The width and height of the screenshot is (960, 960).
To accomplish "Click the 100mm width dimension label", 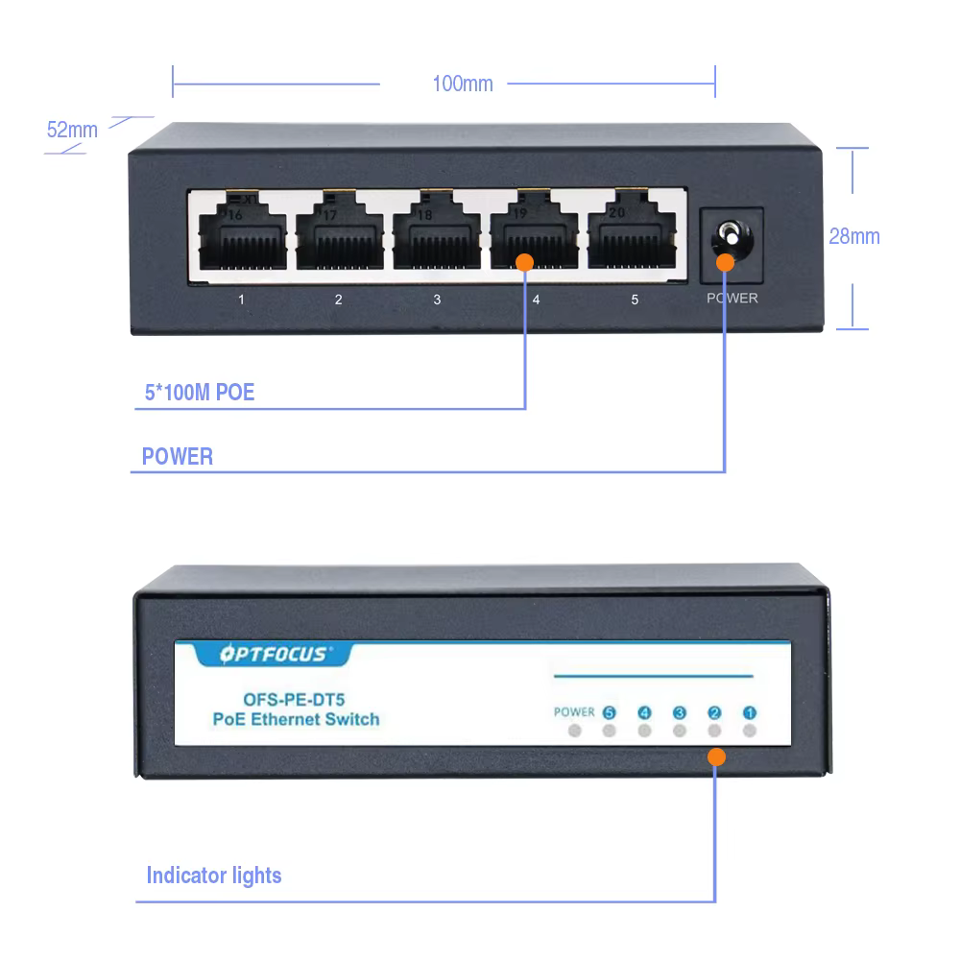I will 462,84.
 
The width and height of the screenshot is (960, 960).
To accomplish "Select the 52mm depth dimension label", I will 72,130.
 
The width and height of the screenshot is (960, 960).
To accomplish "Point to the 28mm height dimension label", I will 854,235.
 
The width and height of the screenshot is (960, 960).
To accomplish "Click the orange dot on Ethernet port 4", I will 524,261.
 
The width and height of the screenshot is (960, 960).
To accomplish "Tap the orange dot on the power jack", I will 725,261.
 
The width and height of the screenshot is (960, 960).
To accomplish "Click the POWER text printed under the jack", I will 732,299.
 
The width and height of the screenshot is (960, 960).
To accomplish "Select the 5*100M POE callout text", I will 199,392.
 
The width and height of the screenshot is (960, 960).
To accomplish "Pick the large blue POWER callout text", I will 178,456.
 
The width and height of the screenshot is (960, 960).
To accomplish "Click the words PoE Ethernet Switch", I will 296,719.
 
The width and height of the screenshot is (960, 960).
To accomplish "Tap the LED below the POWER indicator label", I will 575,732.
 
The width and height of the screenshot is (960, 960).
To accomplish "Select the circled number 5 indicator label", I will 610,712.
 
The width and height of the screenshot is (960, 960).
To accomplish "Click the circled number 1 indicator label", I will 750,712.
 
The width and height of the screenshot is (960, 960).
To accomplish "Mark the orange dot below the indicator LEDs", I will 716,756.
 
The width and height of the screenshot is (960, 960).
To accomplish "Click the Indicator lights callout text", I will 214,875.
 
